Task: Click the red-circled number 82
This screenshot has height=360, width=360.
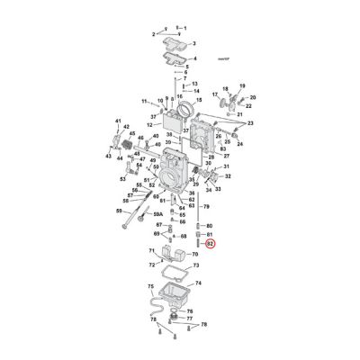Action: click(x=209, y=243)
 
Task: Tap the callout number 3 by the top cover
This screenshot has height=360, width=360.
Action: click(x=197, y=42)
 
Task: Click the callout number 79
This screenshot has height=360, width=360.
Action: click(x=207, y=207)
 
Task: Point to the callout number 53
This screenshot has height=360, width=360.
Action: click(x=123, y=179)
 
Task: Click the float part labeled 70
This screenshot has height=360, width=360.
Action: click(x=180, y=255)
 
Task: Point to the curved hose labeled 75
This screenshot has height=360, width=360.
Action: click(x=158, y=310)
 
